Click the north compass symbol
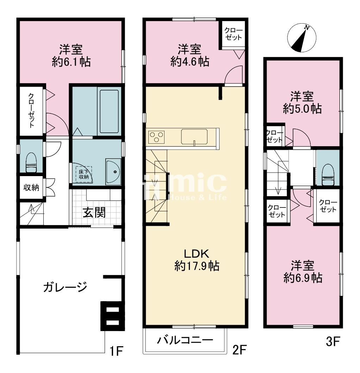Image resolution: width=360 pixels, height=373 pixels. click(x=302, y=38)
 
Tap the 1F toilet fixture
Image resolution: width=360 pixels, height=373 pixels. click(x=31, y=162)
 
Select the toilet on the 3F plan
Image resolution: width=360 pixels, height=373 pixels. click(x=328, y=174)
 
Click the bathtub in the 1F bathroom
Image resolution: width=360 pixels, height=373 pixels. click(x=109, y=111)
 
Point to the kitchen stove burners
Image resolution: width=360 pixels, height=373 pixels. click(x=156, y=137)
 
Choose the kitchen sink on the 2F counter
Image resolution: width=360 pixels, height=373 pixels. click(x=194, y=137)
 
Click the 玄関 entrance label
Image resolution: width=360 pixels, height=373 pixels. click(x=94, y=212)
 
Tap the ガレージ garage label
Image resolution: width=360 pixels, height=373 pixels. click(x=65, y=287)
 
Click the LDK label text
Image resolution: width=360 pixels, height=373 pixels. click(x=197, y=254)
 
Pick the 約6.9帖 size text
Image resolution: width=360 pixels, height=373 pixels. click(x=303, y=278)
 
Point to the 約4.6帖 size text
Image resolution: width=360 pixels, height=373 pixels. click(x=190, y=62)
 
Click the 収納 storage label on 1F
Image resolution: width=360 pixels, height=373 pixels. click(x=31, y=188)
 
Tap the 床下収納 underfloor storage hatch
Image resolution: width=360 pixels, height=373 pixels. click(x=83, y=174)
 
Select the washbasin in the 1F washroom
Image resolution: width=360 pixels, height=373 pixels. click(x=113, y=172)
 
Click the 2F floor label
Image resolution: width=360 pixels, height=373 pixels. click(x=240, y=350)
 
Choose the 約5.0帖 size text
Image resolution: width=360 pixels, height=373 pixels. click(x=303, y=109)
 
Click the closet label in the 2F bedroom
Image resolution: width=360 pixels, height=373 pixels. click(x=234, y=34)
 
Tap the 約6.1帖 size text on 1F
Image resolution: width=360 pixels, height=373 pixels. click(x=72, y=62)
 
